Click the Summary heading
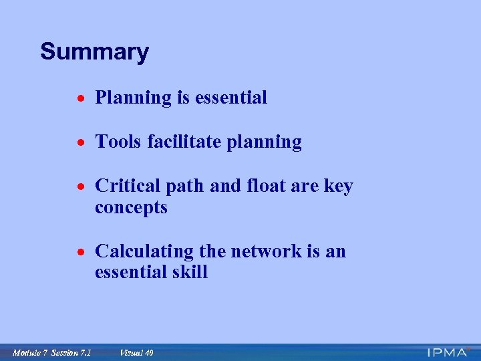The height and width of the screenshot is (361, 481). (x=94, y=51)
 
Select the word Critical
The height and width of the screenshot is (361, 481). (x=125, y=186)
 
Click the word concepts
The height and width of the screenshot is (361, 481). (x=131, y=208)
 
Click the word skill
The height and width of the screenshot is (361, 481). (x=190, y=273)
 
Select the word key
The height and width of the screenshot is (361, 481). (x=337, y=186)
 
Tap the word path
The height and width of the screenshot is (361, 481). (x=181, y=186)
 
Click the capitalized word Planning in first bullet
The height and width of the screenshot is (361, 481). (x=134, y=98)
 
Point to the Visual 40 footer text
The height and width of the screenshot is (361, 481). (x=136, y=352)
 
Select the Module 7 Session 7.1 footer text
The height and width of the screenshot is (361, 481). (x=52, y=352)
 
